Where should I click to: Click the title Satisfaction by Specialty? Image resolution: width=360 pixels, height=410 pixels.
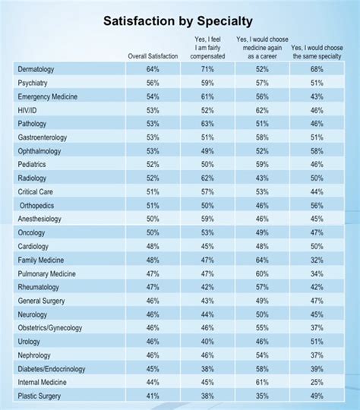(x=180, y=21)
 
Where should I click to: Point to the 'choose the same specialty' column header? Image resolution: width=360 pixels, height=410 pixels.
(x=317, y=52)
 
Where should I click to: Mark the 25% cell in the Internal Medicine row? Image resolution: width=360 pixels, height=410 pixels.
(x=317, y=383)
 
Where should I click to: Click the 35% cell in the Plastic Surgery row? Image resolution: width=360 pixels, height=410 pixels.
(x=261, y=396)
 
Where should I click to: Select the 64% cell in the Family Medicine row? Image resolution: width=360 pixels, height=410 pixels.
(x=261, y=260)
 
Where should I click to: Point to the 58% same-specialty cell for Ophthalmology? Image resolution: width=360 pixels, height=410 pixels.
(x=317, y=151)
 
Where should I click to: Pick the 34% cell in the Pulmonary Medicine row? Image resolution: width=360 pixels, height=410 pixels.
(x=317, y=274)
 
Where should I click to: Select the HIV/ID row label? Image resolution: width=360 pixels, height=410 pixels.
(x=29, y=111)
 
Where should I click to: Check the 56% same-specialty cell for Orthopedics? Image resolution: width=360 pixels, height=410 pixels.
(x=317, y=206)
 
